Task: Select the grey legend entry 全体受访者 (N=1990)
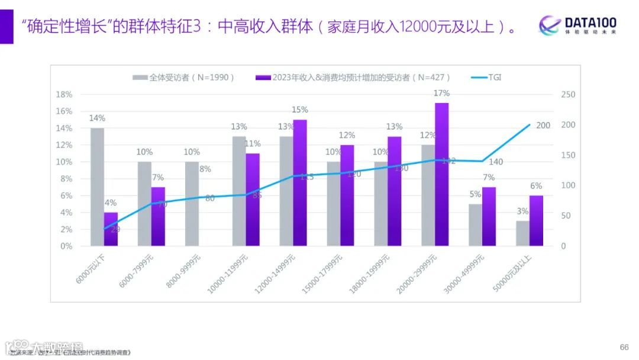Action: click(184, 78)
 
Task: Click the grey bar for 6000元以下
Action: click(97, 187)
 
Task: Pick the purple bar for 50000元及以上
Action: click(536, 220)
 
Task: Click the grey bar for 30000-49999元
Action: click(475, 224)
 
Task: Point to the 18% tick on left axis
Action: click(64, 95)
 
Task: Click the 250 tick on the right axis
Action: click(568, 95)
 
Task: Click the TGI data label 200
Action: click(543, 126)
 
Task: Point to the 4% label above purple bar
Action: click(111, 202)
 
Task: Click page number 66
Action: click(624, 347)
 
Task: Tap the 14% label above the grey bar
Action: click(97, 118)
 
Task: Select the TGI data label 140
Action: click(495, 162)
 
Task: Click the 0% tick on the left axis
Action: click(66, 246)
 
